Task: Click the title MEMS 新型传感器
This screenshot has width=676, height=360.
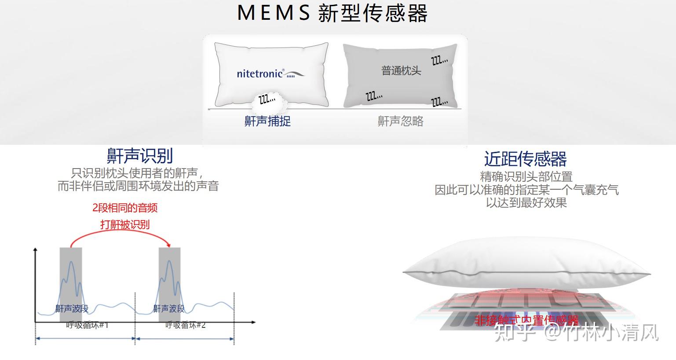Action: click(332, 13)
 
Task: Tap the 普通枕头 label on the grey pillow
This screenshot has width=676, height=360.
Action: click(401, 70)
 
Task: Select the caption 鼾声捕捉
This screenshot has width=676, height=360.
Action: click(267, 121)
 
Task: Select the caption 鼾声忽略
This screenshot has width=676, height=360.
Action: click(400, 121)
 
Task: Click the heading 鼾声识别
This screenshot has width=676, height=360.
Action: click(140, 156)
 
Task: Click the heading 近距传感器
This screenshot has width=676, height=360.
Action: click(525, 159)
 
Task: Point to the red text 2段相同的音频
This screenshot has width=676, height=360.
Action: click(125, 208)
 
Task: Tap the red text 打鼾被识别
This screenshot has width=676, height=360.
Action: click(125, 224)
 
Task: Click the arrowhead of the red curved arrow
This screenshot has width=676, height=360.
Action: click(169, 245)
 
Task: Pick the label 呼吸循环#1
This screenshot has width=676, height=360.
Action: click(87, 325)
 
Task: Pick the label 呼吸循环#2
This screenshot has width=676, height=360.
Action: click(185, 325)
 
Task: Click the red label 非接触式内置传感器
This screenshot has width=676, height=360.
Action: click(526, 320)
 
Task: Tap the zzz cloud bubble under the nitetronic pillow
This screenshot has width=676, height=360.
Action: click(267, 100)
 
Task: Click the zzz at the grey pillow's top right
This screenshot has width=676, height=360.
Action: click(439, 60)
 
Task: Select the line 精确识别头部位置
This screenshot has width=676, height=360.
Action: click(526, 177)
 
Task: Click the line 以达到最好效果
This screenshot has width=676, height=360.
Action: click(526, 203)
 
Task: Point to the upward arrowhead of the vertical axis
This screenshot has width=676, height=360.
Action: click(36, 250)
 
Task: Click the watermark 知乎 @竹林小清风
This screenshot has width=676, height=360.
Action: click(576, 333)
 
